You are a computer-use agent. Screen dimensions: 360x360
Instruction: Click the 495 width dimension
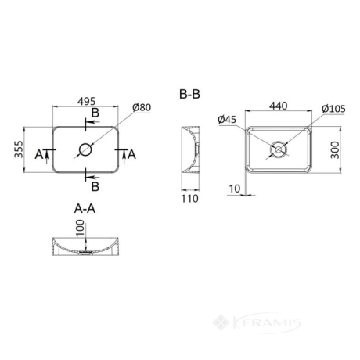pos(87,101)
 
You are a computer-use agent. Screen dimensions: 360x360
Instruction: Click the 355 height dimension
pos(19,149)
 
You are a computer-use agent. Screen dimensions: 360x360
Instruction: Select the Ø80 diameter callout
pos(142,107)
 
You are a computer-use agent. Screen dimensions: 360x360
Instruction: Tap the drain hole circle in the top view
pos(85,149)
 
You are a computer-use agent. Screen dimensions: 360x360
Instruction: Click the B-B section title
pos(189,94)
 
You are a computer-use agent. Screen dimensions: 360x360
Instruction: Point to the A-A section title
pos(85,208)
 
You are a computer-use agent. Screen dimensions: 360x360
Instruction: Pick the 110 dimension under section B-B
pos(189,199)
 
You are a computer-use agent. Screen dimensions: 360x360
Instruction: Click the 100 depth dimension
pos(81,228)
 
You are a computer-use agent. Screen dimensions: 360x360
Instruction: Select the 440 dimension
pos(279,106)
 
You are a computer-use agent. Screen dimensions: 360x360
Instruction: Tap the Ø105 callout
pos(333,109)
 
